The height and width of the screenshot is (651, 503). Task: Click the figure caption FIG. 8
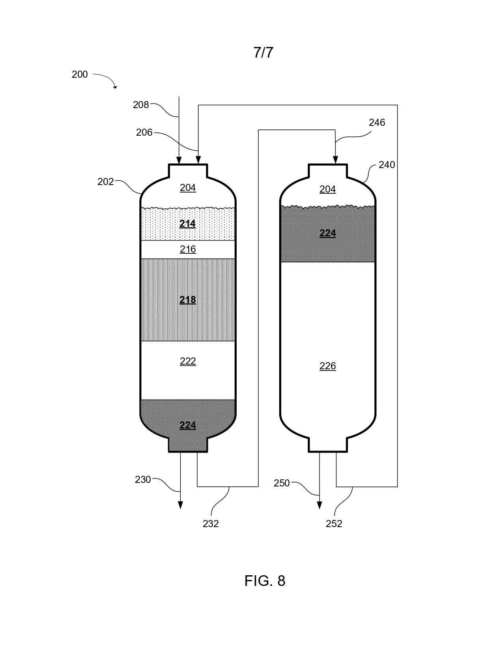pos(265,581)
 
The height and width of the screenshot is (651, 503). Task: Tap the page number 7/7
pos(263,52)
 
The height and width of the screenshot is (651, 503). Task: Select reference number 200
pos(80,74)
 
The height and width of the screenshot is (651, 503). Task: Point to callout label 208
pos(141,105)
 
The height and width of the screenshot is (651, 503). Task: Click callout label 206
pos(144,133)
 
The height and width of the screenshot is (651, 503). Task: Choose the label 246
pos(377,122)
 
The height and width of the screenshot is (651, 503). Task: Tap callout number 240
pos(387,165)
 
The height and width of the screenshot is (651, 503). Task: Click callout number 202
pos(105,181)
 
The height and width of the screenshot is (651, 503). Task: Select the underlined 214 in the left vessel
pos(187,224)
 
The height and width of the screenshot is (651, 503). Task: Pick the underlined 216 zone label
pos(188,249)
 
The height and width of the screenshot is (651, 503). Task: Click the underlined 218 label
pos(187,299)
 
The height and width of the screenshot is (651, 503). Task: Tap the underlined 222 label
pos(188,361)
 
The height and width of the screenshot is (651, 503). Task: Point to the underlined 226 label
pos(328,366)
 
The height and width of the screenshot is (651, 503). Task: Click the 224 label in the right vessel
pos(328,233)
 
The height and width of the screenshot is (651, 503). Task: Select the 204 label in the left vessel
pos(188,187)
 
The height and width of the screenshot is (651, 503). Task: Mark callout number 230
pos(142,479)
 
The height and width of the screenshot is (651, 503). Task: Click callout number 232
pos(211,524)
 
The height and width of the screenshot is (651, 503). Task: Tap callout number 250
pos(282,483)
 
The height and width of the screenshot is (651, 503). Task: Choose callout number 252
pos(334,524)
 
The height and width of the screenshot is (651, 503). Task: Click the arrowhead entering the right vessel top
pos(335,160)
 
